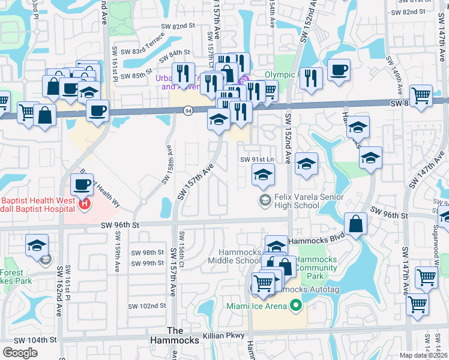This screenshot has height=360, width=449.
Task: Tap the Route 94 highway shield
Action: (188, 110)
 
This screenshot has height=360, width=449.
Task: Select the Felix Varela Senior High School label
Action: (309, 201)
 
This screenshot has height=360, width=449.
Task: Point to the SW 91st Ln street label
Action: (257, 160)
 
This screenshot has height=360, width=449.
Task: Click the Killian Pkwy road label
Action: (224, 335)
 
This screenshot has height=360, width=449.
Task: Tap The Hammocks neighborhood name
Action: (175, 335)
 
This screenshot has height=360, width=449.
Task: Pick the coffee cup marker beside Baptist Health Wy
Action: (82, 184)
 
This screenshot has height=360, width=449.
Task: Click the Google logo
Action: (20, 352)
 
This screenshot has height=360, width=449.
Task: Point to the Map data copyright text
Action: (424, 355)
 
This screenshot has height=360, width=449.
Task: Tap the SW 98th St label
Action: (148, 253)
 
